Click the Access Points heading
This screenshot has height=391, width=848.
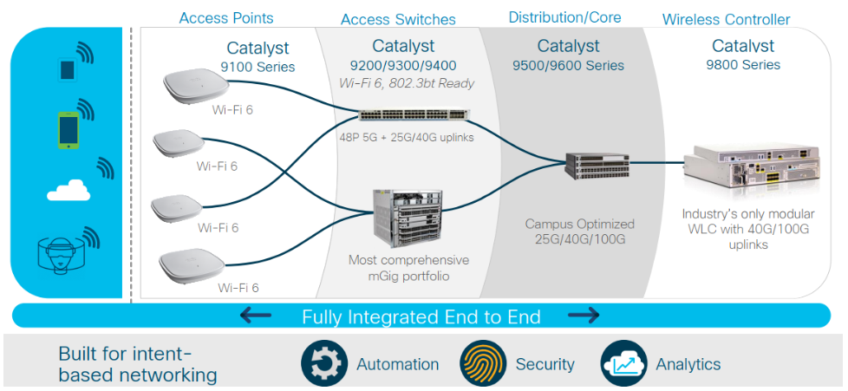point(225,18)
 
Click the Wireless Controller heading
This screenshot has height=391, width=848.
point(726,19)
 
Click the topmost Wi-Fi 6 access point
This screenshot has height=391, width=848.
point(195,88)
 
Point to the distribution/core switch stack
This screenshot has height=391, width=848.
point(597,166)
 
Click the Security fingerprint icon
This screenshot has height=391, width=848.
point(483,363)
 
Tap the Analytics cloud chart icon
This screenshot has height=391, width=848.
point(623,363)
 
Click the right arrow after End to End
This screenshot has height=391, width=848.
point(584,316)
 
